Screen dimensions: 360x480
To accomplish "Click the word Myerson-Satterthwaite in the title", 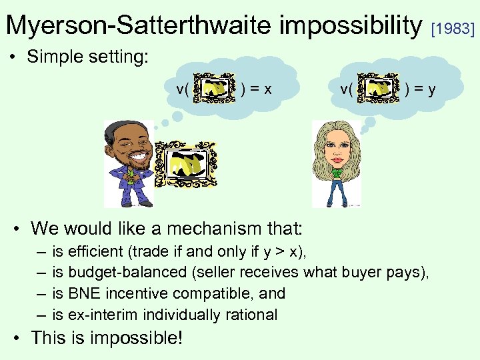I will [x=139, y=25].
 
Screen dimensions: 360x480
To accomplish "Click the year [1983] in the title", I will [x=453, y=29].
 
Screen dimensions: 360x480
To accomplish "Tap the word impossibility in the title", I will [x=352, y=25].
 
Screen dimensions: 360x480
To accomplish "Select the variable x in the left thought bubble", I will [x=268, y=89].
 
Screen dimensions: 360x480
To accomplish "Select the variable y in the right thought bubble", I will [x=432, y=89].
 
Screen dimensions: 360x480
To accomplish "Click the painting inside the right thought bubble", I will [x=379, y=88].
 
